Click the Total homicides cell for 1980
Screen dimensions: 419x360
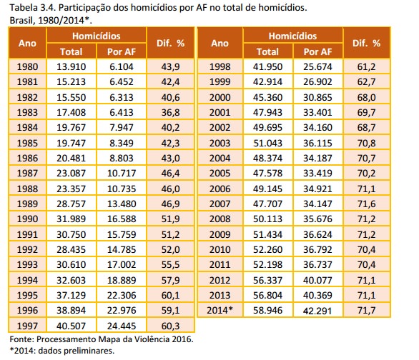[71, 66]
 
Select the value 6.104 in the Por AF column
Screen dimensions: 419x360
[122, 66]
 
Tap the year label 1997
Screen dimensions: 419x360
[27, 326]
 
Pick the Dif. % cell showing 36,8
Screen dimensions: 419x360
[170, 112]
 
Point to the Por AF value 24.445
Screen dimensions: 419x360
[122, 326]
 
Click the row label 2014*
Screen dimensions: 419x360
[220, 310]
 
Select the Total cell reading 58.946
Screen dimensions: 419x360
[267, 311]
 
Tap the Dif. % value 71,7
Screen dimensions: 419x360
[366, 311]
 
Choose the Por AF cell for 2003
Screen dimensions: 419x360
[317, 143]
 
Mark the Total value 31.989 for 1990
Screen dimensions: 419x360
[71, 219]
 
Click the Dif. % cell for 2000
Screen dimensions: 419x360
[366, 97]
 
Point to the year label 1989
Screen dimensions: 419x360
[27, 204]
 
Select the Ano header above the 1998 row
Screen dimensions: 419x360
[220, 44]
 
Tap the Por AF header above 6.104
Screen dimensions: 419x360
[122, 51]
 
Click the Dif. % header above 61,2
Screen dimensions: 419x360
[366, 44]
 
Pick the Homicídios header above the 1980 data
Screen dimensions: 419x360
[97, 36]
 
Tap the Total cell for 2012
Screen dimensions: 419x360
[267, 280]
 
